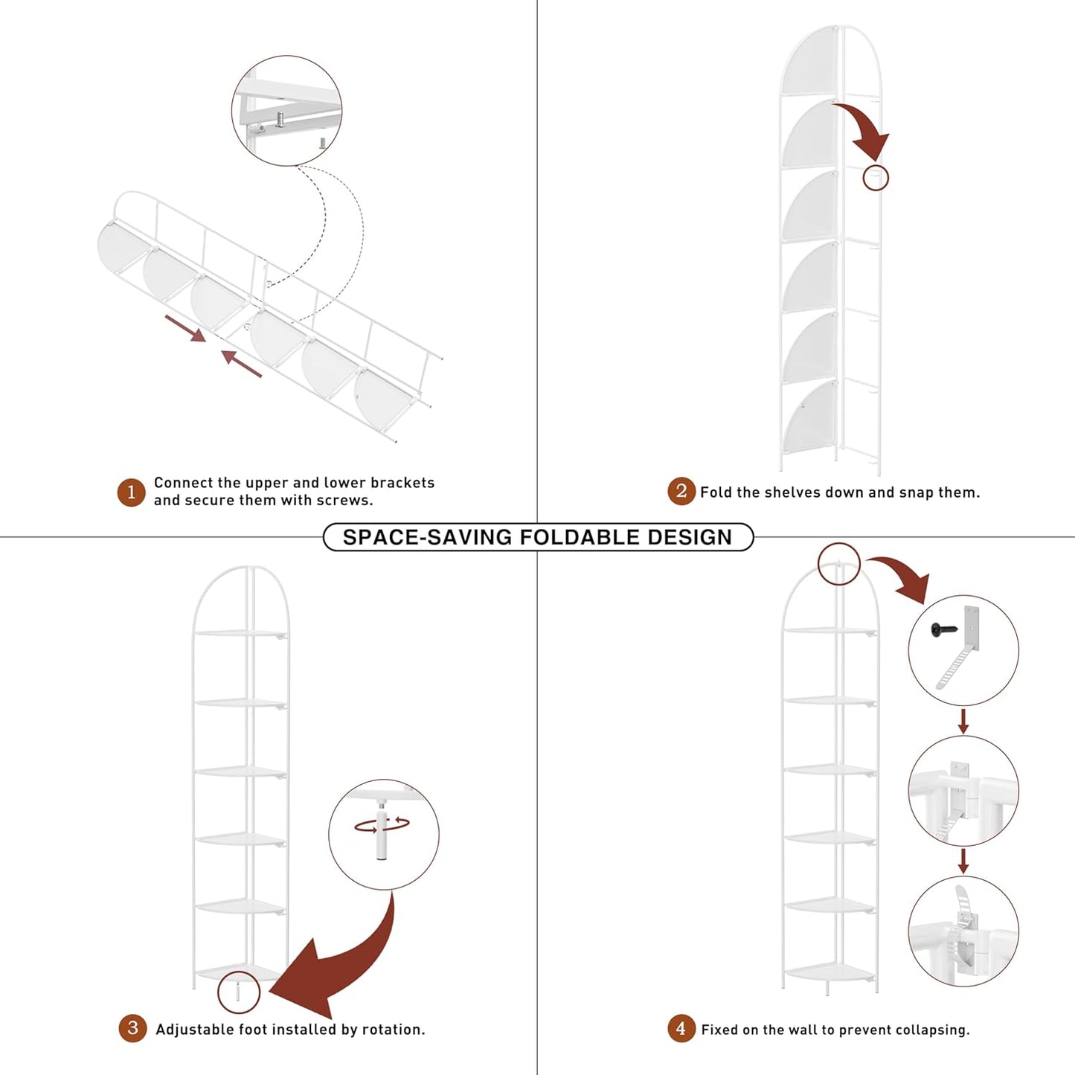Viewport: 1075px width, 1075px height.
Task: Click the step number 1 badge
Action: (x=131, y=492)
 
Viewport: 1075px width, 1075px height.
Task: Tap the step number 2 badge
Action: (x=681, y=491)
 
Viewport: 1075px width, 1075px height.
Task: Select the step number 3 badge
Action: (x=132, y=1028)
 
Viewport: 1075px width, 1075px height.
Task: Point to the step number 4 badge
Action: (x=681, y=1028)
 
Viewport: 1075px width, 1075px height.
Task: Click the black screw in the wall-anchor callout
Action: (x=945, y=629)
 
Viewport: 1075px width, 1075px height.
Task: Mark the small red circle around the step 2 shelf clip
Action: (x=876, y=178)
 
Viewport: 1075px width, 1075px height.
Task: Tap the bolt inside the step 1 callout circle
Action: (x=280, y=119)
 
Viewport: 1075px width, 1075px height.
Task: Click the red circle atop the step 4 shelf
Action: (x=839, y=564)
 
